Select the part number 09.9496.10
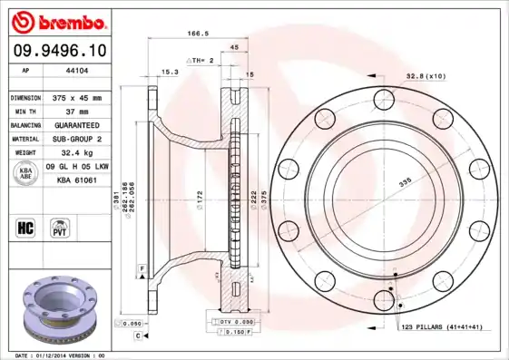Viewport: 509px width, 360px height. pos(59,51)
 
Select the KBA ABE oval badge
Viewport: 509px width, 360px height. pos(26,173)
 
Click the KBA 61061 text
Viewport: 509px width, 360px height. pos(77,180)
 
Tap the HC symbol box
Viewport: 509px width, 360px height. pos(26,227)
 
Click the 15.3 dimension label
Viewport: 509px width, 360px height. pos(169,71)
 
